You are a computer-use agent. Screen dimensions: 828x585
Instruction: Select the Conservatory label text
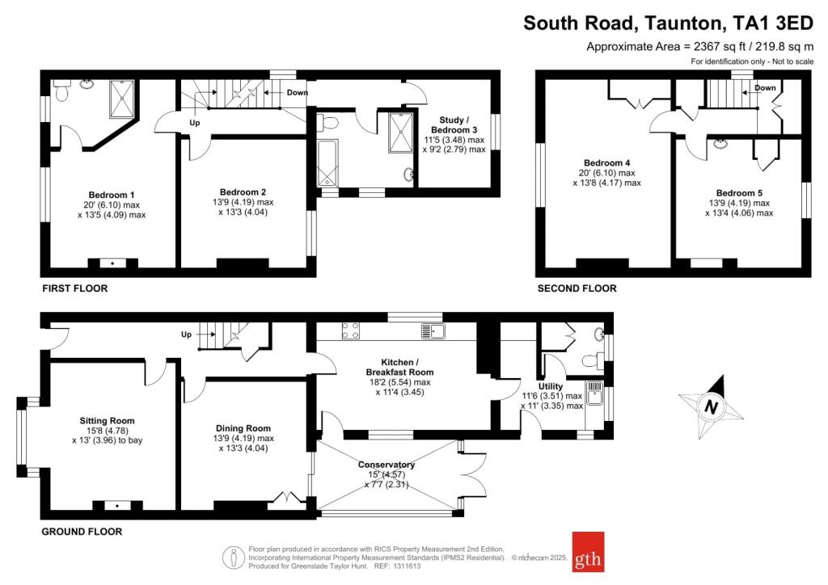[386, 465]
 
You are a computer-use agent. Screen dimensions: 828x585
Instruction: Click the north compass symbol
[711, 406]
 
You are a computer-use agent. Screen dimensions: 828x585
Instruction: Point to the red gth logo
[589, 552]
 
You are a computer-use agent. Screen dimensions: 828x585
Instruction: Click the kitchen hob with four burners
[351, 330]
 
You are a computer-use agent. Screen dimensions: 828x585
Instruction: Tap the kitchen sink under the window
[433, 330]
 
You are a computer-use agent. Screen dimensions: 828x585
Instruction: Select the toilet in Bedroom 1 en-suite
[62, 90]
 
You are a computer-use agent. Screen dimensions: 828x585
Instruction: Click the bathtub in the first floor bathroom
[327, 163]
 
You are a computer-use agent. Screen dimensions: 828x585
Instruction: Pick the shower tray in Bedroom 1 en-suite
[122, 99]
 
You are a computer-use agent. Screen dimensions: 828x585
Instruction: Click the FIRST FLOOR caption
[75, 288]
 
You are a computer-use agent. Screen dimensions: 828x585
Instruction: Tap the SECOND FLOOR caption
[577, 288]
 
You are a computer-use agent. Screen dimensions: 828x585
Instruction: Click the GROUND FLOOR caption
[82, 532]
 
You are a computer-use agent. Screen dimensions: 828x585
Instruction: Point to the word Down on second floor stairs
[765, 87]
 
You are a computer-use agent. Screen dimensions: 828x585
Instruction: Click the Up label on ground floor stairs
[187, 335]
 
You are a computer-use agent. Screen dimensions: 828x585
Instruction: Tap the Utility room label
[550, 386]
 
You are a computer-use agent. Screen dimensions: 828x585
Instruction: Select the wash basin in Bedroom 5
[720, 144]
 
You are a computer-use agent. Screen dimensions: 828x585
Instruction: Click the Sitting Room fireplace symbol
[117, 505]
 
